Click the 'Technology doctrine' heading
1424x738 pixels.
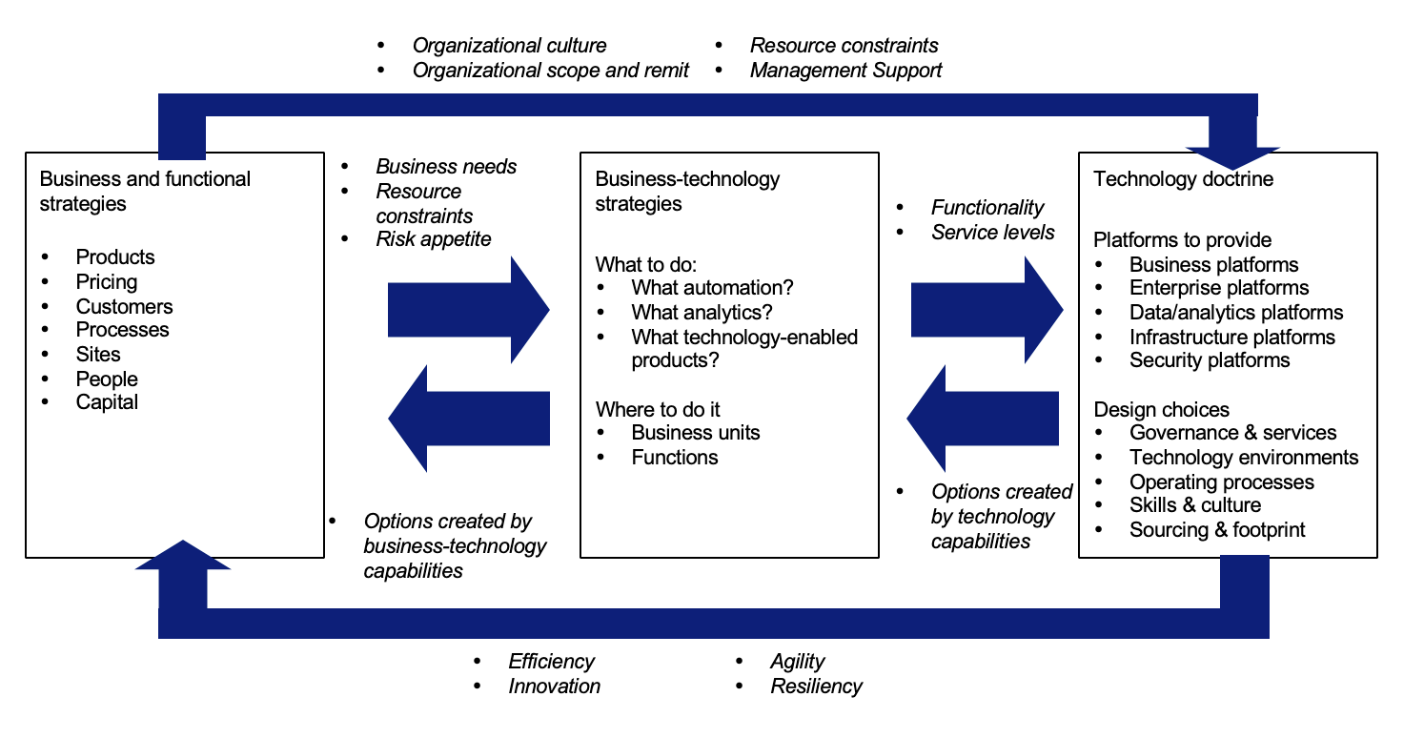tap(1183, 179)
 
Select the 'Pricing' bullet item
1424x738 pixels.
tap(107, 282)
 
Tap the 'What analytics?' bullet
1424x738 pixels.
tap(702, 312)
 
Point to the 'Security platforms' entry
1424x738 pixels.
tap(1210, 360)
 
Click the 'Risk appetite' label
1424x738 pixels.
tap(434, 239)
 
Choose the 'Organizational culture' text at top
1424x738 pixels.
tap(509, 46)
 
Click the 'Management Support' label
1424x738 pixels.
tap(845, 71)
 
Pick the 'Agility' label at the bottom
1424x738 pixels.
tap(797, 662)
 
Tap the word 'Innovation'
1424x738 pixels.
tap(554, 687)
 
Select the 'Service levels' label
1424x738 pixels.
tap(993, 233)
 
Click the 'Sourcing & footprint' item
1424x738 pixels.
tap(1217, 530)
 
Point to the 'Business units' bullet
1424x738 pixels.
tap(696, 433)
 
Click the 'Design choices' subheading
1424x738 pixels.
tap(1161, 410)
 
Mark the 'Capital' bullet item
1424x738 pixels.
tap(107, 402)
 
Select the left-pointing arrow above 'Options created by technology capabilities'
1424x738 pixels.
tap(983, 419)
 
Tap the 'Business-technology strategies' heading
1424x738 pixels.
tap(687, 191)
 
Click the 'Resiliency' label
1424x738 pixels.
tap(816, 687)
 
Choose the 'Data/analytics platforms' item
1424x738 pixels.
tap(1236, 313)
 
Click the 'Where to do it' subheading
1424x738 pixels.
tap(658, 410)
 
